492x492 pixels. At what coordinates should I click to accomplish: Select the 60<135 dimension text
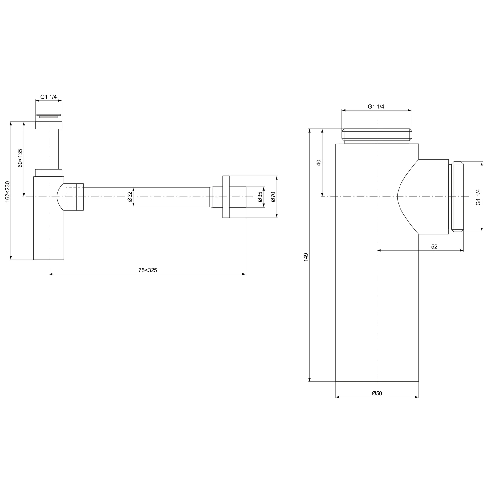20,158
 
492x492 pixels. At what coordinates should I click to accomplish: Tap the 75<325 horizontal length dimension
148,270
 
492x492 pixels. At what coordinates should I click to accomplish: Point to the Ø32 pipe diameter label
130,196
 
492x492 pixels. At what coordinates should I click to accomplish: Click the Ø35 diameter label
260,196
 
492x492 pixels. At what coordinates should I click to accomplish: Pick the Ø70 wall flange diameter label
273,196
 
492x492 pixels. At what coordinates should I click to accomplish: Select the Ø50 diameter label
377,393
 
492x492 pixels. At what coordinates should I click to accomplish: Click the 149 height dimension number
306,256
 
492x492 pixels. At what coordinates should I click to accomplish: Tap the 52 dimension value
434,247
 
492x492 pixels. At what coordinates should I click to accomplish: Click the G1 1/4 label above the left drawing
49,97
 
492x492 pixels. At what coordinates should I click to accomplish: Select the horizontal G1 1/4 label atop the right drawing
376,106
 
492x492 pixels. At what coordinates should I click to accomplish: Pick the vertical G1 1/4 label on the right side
478,197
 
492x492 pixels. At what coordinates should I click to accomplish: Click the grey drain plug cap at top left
49,116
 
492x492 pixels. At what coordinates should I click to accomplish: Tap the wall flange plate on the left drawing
226,197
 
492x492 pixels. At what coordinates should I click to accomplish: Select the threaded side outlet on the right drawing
458,197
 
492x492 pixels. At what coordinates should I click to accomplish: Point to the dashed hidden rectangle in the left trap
71,197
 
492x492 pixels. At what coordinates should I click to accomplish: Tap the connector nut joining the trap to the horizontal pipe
80,197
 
